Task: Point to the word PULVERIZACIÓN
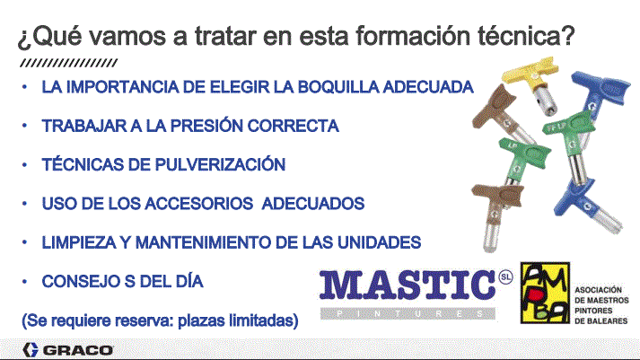[221, 164]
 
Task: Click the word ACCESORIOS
[199, 203]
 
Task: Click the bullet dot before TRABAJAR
[24, 126]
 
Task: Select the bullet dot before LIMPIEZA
[24, 242]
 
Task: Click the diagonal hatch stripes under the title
[69, 63]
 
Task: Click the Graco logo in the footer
[67, 350]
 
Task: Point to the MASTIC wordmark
[408, 285]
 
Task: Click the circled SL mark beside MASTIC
[505, 277]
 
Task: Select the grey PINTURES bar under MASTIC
[408, 313]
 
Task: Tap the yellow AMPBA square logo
[545, 293]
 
